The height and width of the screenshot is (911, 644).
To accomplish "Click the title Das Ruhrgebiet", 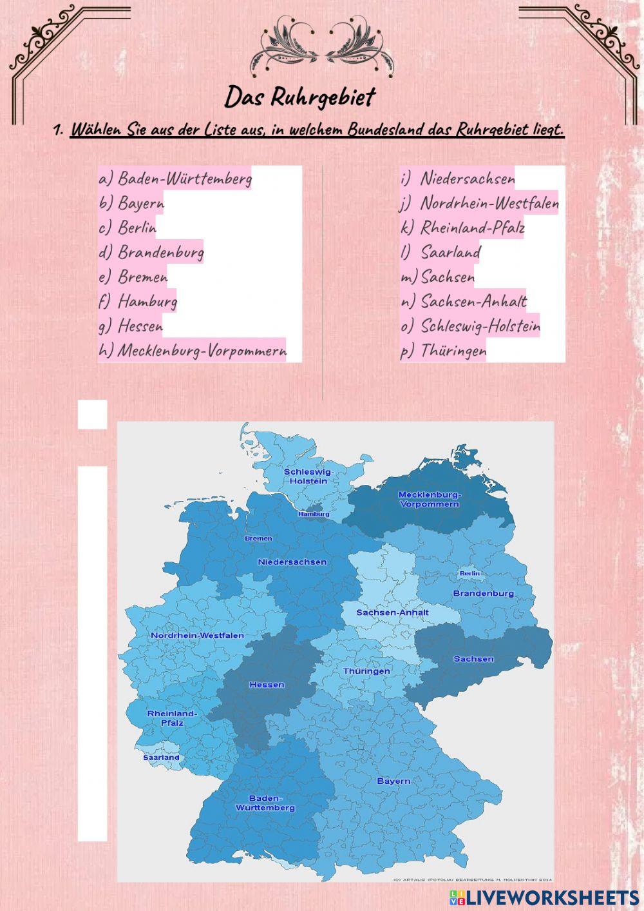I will tap(299, 97).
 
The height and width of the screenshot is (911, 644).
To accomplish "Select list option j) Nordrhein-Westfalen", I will tap(480, 203).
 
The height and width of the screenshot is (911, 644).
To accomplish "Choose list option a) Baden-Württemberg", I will tap(175, 179).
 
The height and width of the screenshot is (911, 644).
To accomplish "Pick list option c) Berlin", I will tap(128, 228).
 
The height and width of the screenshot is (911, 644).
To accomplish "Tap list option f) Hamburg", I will tap(138, 301).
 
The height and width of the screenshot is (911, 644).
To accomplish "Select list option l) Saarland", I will tap(441, 252).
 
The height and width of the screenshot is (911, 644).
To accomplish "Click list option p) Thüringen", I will tap(444, 351).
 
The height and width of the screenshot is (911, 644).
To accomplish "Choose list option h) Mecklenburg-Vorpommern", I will tap(193, 351).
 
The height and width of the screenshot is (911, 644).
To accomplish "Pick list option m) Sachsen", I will tap(438, 277).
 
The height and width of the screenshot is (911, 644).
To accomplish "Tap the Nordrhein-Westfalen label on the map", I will tap(197, 635).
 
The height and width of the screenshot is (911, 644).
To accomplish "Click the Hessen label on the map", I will tap(267, 684).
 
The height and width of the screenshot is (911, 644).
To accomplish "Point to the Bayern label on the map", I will tap(393, 781).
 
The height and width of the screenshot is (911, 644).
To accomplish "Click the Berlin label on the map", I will tap(469, 573).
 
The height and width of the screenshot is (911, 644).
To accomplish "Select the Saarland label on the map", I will tap(161, 758).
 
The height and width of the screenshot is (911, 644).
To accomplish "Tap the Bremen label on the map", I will tap(258, 538).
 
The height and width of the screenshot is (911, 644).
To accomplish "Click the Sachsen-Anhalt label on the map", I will tap(392, 612).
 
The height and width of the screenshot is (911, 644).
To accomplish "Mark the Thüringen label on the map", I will tap(366, 671).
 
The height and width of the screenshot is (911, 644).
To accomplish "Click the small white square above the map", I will tap(92, 414).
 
